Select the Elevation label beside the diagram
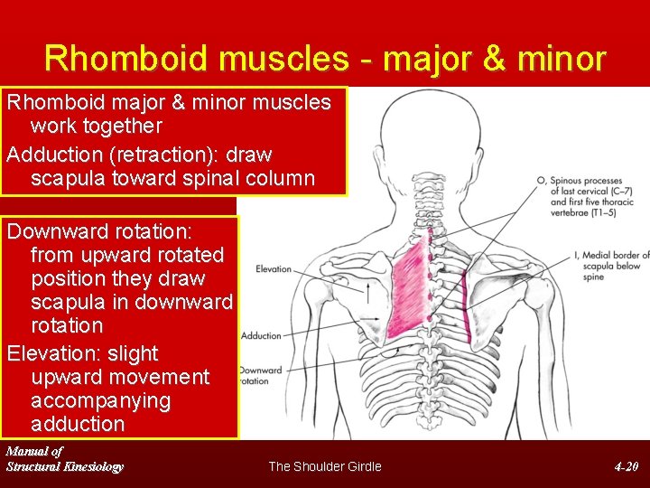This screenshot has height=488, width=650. point(273,269)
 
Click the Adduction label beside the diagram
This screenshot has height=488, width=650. point(262,336)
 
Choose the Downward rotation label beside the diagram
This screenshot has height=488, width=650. point(262,375)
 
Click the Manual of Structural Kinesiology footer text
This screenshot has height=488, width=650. point(64,459)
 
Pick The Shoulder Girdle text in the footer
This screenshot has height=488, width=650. point(325,466)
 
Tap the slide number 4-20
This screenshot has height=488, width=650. point(626,466)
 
